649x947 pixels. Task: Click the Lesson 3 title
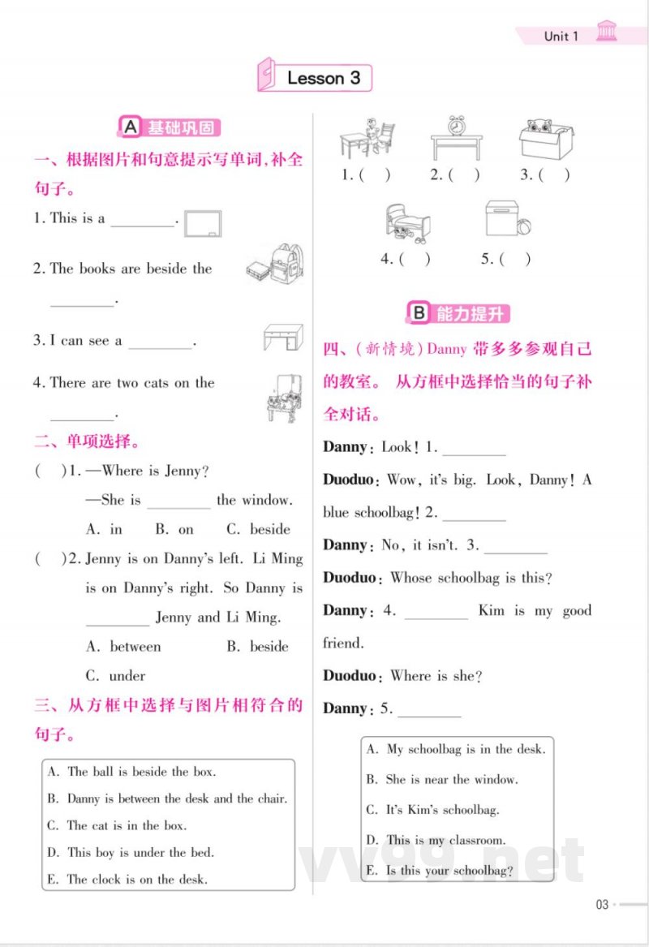pos(323,79)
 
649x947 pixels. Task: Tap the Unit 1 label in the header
pos(561,36)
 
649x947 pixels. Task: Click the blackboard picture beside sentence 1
pos(203,223)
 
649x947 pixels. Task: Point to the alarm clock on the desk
pos(458,127)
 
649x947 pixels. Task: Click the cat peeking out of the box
pos(539,127)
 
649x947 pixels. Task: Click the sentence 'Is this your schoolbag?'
pos(449,871)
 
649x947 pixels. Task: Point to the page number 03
pos(602,905)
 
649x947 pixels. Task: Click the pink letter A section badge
pos(130,127)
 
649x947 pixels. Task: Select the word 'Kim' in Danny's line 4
pos(492,610)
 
